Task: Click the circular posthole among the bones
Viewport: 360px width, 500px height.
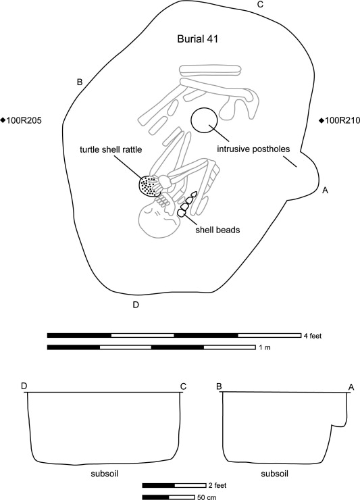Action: pyautogui.click(x=204, y=120)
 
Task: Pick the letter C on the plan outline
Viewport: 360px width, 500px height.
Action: pyautogui.click(x=260, y=5)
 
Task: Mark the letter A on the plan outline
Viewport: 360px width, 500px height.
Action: pyautogui.click(x=325, y=191)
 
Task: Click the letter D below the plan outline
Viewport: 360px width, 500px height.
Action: pyautogui.click(x=136, y=305)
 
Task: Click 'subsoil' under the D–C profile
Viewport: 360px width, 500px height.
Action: pyautogui.click(x=104, y=473)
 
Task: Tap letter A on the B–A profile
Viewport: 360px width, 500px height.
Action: pyautogui.click(x=351, y=386)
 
